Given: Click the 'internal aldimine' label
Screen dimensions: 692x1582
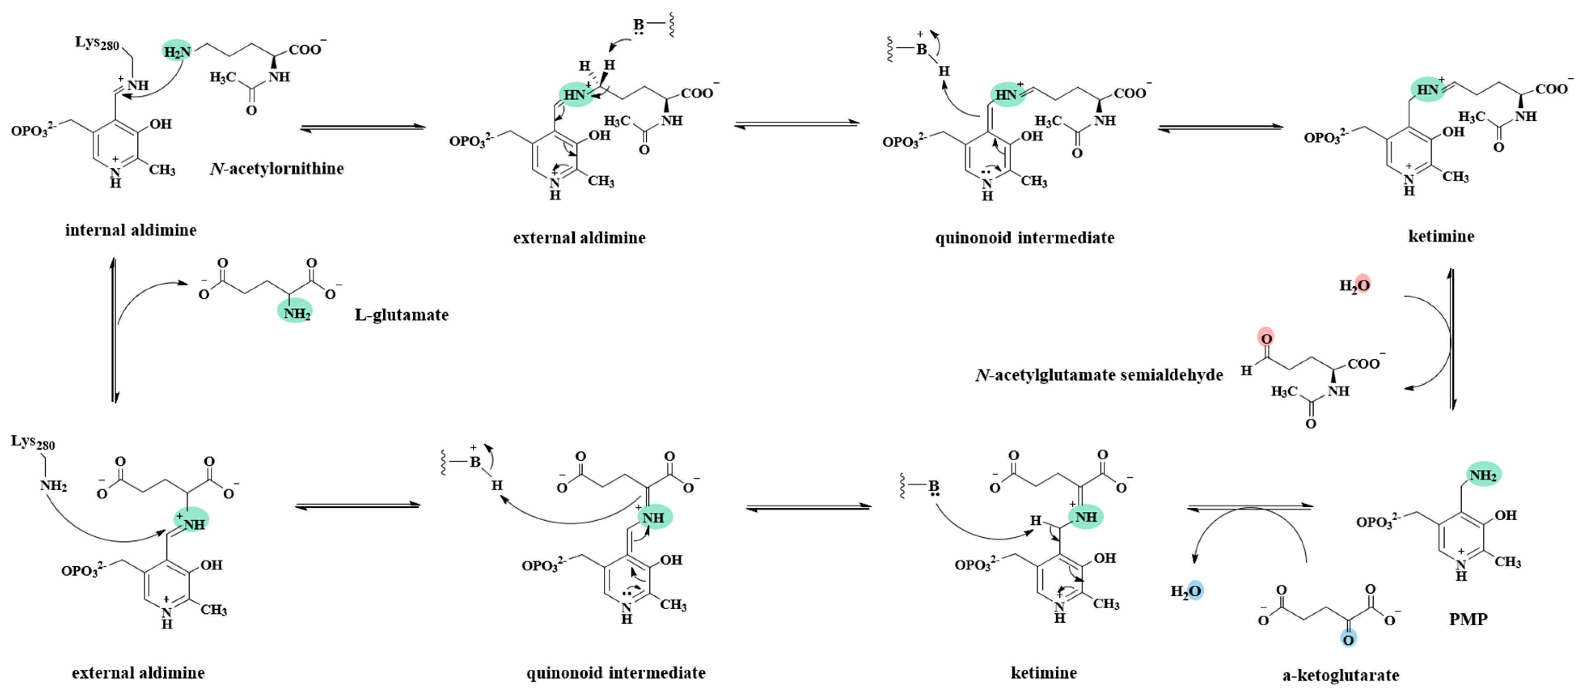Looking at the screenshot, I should [x=131, y=230].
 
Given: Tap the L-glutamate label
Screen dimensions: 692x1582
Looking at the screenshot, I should [x=402, y=315].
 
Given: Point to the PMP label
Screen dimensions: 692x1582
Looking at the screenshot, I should [x=1468, y=620].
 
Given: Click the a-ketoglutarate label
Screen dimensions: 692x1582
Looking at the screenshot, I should [x=1341, y=675].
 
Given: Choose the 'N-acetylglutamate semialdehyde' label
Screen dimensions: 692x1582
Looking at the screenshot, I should [x=1099, y=375].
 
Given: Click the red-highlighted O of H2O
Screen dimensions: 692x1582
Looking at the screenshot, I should [x=1363, y=284].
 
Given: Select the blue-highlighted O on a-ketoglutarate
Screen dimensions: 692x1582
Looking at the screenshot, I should [x=1348, y=639].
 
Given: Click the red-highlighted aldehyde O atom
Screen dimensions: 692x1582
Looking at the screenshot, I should [x=1266, y=337].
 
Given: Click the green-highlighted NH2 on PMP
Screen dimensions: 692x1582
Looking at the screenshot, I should [x=1483, y=475].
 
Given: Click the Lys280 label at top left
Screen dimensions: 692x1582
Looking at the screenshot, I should [x=96, y=42].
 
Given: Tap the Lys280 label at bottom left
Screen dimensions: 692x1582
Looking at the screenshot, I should [x=32, y=442].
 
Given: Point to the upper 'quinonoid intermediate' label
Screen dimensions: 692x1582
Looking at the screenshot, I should [x=1024, y=238].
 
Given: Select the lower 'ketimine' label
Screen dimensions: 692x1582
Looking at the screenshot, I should [x=1043, y=673].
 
